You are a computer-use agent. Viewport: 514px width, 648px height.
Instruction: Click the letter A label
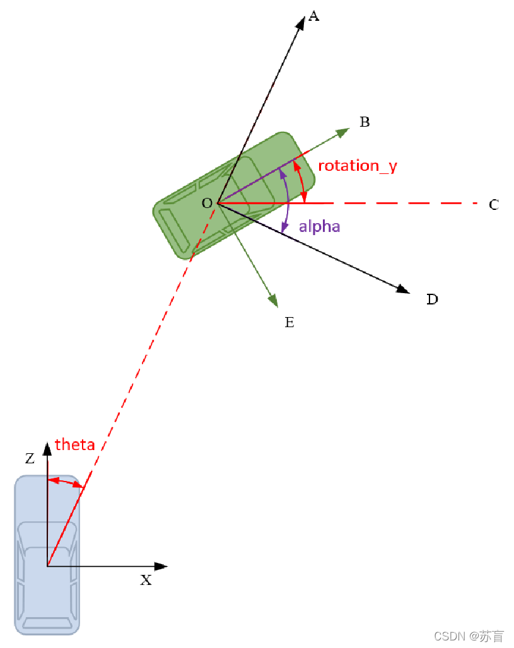pyautogui.click(x=313, y=16)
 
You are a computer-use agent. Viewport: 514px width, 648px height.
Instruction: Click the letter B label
pyautogui.click(x=365, y=122)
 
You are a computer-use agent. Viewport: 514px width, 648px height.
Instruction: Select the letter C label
pyautogui.click(x=494, y=205)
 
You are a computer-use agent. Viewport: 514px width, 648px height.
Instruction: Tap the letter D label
pyautogui.click(x=432, y=299)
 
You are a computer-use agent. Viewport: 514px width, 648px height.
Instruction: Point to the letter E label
pyautogui.click(x=289, y=323)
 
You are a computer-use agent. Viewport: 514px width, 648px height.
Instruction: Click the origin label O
pyautogui.click(x=206, y=204)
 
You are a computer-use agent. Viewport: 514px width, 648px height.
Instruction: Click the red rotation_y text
pyautogui.click(x=358, y=166)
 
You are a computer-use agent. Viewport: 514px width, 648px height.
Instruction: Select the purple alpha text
pyautogui.click(x=320, y=226)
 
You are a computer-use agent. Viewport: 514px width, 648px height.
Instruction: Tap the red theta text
pyautogui.click(x=75, y=444)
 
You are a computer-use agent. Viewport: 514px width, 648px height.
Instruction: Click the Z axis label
pyautogui.click(x=30, y=459)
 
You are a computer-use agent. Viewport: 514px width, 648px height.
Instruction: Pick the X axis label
pyautogui.click(x=146, y=581)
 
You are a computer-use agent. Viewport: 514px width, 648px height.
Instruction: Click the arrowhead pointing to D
pyautogui.click(x=402, y=289)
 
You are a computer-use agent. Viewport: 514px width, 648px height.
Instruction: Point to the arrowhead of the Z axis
pyautogui.click(x=47, y=449)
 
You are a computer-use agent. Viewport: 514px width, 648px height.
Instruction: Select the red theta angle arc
pyautogui.click(x=65, y=482)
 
